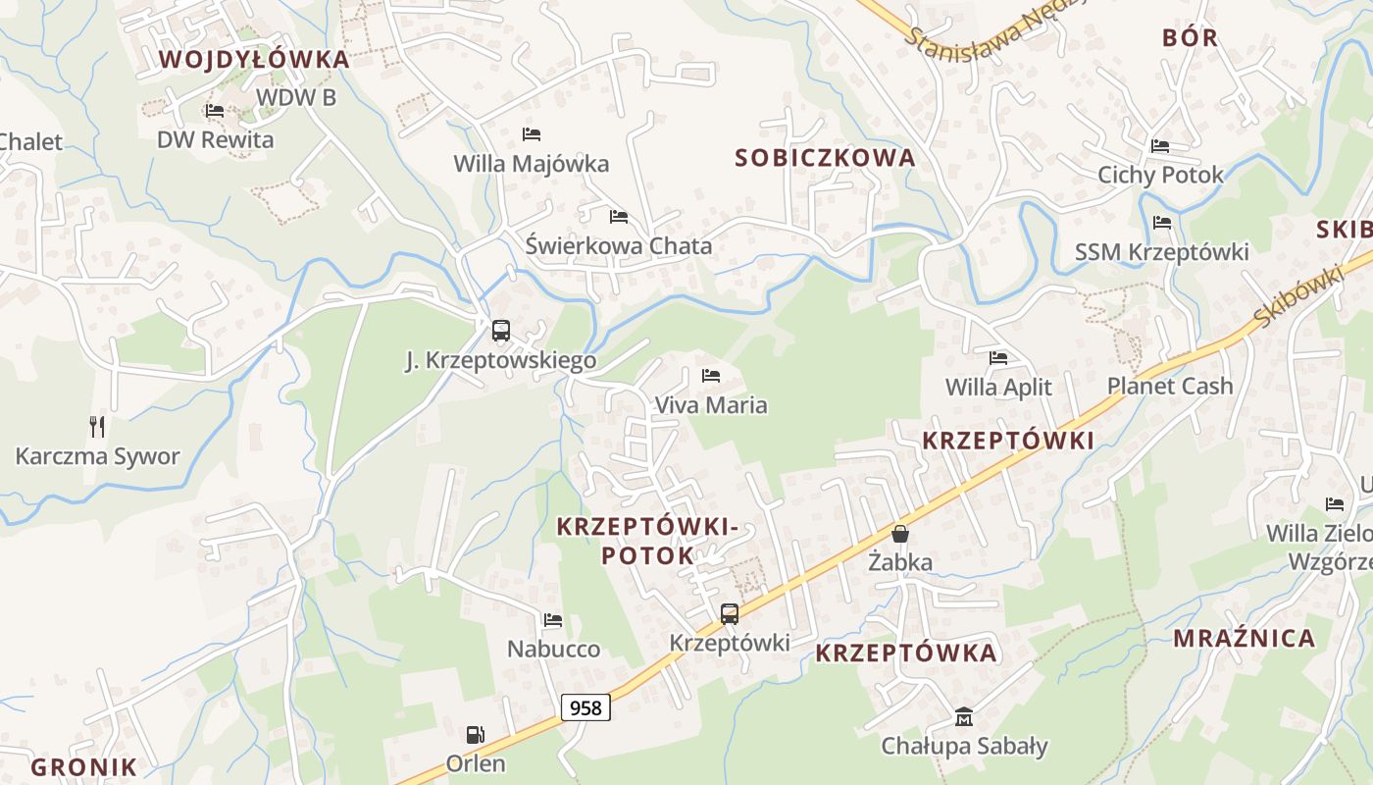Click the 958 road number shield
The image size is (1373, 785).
[585, 706]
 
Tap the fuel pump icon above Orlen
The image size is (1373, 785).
[475, 734]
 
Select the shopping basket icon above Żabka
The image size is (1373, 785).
[900, 534]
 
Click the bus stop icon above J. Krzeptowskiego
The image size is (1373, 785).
[501, 331]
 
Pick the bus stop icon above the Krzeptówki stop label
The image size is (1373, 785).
[730, 614]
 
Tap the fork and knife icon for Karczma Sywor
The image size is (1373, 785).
[97, 427]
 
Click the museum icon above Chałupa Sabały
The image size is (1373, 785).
[964, 717]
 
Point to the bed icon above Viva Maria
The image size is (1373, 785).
[711, 376]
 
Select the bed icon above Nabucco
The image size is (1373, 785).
[553, 620]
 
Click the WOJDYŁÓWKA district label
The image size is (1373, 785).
[254, 60]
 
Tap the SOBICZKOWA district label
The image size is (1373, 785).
[825, 158]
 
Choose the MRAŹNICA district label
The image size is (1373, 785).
[1245, 639]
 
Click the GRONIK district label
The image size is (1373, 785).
[83, 767]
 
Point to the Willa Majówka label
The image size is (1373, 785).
[531, 164]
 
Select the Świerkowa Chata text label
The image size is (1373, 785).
[618, 246]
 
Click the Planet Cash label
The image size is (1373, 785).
[1170, 387]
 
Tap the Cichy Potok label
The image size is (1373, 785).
[1160, 176]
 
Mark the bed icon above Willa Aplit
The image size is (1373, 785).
[998, 358]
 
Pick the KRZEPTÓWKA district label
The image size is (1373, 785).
[906, 654]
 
